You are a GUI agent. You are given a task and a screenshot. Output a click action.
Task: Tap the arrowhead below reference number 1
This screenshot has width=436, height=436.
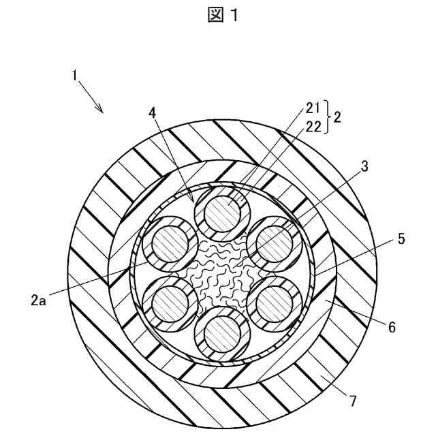[100, 110]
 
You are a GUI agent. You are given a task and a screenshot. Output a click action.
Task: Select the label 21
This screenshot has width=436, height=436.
[313, 107]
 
